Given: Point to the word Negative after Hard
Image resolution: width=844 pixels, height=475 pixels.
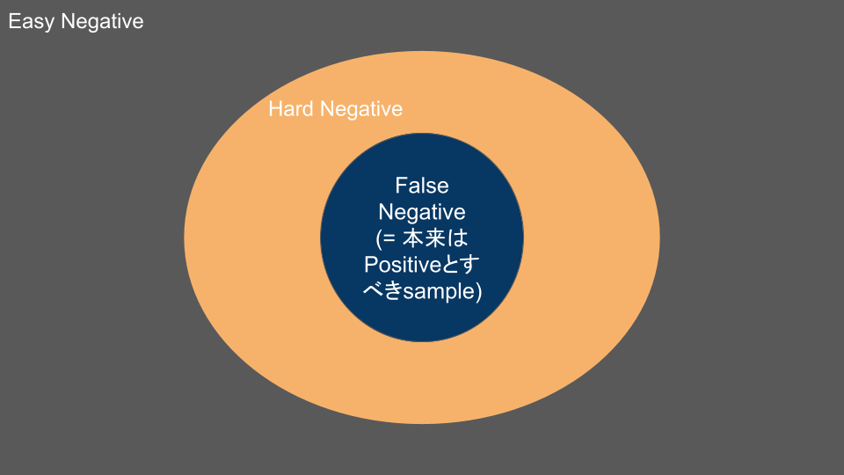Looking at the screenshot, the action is click(361, 109).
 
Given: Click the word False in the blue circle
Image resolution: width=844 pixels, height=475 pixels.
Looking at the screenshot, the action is click(422, 186).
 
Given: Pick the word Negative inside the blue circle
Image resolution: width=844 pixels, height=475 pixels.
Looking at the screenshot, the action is click(422, 212).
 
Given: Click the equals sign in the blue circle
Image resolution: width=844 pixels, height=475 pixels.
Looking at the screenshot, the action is click(390, 238).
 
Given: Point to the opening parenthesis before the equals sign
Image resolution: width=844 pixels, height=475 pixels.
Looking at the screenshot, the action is click(378, 238).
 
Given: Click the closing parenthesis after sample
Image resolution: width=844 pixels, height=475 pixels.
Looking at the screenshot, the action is click(479, 292).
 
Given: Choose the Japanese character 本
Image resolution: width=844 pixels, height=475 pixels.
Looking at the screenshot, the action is click(413, 238).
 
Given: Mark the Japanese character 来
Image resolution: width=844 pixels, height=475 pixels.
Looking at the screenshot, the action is click(435, 238).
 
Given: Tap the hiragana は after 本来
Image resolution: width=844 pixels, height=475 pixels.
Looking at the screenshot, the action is click(457, 238).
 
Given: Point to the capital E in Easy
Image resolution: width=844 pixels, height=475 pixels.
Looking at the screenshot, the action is click(14, 22).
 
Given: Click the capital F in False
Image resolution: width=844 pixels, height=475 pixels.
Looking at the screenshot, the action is click(401, 186).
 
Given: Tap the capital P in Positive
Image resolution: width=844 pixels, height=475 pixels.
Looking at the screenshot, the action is click(371, 265).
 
